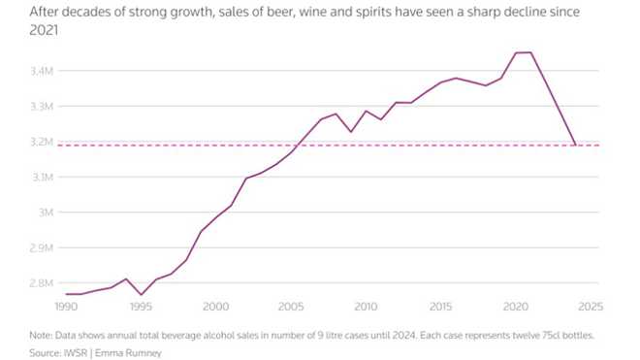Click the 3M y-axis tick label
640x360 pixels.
point(45,212)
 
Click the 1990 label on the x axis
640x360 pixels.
point(66,306)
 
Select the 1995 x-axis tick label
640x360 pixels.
point(141,306)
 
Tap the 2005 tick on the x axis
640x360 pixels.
point(291,306)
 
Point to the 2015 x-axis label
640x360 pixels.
point(440,306)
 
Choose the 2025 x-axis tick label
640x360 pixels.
point(590,306)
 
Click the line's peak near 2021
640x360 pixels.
point(530,52)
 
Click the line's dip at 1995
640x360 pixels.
point(142,295)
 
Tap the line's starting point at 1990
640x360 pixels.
point(66,294)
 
